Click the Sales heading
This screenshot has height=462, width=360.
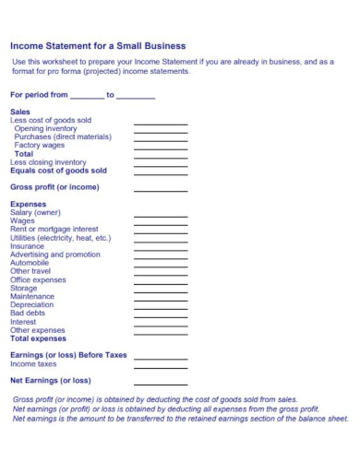(x=20, y=112)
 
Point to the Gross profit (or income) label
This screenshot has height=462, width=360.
(x=54, y=187)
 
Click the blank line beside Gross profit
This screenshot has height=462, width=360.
(x=161, y=189)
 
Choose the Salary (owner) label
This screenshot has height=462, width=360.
(x=35, y=212)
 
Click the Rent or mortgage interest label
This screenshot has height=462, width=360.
(x=54, y=229)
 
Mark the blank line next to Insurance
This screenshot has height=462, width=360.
(x=161, y=248)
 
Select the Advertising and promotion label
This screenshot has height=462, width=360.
(x=55, y=255)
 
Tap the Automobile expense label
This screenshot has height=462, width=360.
(x=30, y=263)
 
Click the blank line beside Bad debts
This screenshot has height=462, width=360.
(x=161, y=315)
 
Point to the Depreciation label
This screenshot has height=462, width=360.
(x=32, y=304)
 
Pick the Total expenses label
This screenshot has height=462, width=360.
(x=38, y=338)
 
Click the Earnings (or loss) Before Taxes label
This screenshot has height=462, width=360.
(x=68, y=355)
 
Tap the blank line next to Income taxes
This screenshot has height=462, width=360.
(x=161, y=365)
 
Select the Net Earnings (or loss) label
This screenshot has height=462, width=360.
(x=51, y=380)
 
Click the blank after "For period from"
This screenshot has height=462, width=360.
(x=87, y=95)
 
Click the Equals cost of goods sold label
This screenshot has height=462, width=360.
(x=58, y=171)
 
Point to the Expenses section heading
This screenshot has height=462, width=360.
(x=29, y=204)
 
